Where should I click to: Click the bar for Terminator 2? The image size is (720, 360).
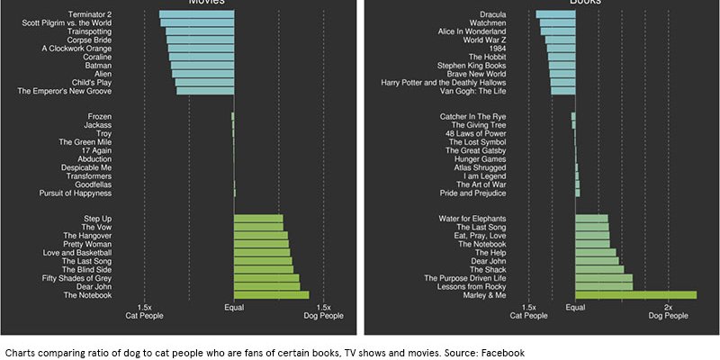tap(196, 14)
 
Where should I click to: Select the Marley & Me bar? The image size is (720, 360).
tap(635, 295)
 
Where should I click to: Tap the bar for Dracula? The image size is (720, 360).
tap(555, 14)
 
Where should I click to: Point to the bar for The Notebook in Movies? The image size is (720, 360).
tap(271, 295)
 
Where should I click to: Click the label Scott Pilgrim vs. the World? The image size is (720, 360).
tap(67, 23)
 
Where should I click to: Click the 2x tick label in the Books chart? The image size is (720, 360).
tap(668, 308)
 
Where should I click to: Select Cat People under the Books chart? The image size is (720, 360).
tap(529, 316)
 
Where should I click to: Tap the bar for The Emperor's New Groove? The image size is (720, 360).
tap(205, 91)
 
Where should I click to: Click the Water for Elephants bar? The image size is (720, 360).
tap(591, 219)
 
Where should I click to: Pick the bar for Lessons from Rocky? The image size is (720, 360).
tap(604, 287)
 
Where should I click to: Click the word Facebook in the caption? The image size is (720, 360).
tap(505, 352)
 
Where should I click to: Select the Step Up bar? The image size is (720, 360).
tap(258, 219)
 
